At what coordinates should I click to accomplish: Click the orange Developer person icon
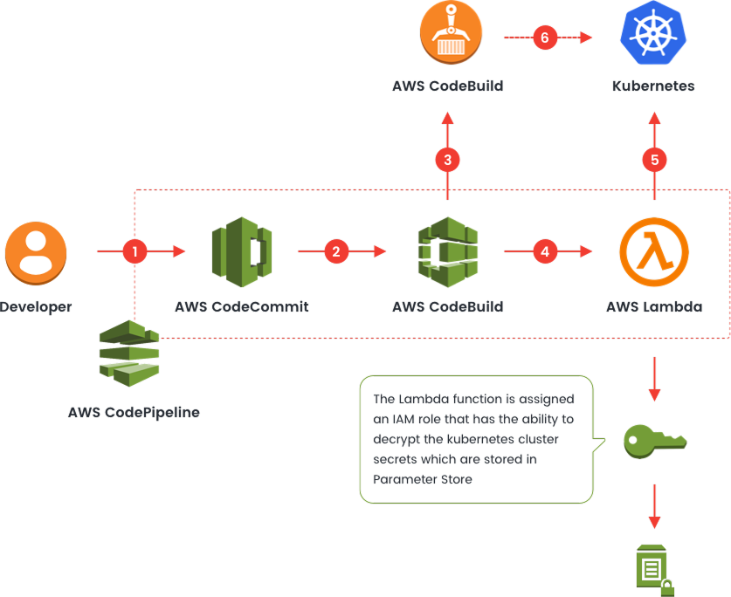(x=36, y=252)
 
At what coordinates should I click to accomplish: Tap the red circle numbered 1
(x=134, y=251)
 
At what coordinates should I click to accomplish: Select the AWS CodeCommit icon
(x=242, y=252)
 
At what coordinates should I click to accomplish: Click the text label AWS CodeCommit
(x=242, y=307)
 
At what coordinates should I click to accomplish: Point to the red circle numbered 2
(x=336, y=251)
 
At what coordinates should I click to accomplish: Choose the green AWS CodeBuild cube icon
(x=448, y=252)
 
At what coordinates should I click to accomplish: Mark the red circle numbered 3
(x=448, y=160)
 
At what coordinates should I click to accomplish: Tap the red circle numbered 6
(x=546, y=38)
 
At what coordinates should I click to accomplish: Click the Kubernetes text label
(x=654, y=86)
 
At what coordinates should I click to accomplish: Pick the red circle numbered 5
(x=654, y=160)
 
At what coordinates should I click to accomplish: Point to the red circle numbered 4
(x=546, y=251)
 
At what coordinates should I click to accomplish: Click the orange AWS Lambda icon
(x=654, y=252)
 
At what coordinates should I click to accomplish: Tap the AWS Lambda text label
(x=654, y=307)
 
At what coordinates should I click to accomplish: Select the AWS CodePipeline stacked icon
(x=128, y=353)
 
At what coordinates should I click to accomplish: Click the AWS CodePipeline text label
(x=134, y=412)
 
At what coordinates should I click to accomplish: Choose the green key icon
(x=654, y=439)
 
